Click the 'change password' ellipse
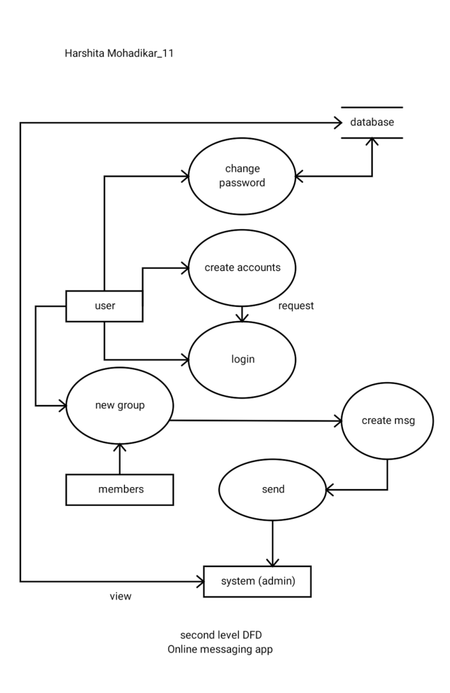(x=242, y=175)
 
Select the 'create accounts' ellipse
(x=242, y=268)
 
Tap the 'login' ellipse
(x=242, y=359)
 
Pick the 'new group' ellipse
(x=120, y=406)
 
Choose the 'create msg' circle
(x=388, y=421)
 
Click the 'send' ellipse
(x=272, y=489)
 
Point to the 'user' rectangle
(x=104, y=306)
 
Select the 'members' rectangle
(x=120, y=489)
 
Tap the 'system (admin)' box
(x=258, y=581)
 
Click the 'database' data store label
(x=371, y=123)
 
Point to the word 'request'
(x=296, y=306)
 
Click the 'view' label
(x=121, y=597)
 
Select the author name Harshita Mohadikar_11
(x=119, y=54)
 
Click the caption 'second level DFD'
(x=220, y=635)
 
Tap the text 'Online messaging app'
(x=220, y=649)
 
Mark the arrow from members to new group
(x=120, y=459)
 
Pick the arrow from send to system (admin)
(x=272, y=542)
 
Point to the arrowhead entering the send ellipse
(x=330, y=489)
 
